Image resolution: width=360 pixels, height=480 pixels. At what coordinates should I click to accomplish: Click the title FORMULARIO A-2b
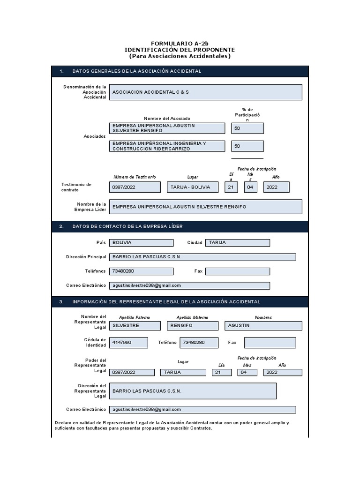click(180, 43)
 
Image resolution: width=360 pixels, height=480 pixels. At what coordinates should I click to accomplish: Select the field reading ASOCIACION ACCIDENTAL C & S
click(205, 92)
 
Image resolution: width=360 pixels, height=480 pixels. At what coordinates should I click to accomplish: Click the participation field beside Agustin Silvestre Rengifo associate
click(247, 128)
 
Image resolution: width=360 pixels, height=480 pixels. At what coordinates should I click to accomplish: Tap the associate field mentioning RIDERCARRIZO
click(166, 146)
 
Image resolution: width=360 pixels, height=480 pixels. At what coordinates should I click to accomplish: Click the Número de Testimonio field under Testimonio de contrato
click(135, 187)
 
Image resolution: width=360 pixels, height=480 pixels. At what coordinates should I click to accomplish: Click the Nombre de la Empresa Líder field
click(205, 207)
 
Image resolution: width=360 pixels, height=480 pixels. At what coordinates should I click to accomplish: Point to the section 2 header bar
click(180, 226)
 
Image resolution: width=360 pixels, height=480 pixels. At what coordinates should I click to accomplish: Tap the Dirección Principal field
click(202, 257)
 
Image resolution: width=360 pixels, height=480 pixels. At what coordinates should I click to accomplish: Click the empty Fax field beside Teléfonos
click(237, 271)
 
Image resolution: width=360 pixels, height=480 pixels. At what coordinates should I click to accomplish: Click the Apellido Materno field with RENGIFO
click(192, 326)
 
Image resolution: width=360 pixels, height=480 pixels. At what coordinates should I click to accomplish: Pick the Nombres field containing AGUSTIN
click(263, 326)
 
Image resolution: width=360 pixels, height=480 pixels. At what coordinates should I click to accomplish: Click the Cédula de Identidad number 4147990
click(128, 343)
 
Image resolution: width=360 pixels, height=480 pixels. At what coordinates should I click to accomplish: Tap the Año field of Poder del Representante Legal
click(282, 372)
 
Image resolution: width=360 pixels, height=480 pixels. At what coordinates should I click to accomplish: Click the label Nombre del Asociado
click(167, 118)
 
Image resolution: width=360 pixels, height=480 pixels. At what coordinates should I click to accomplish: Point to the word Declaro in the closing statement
click(64, 423)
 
